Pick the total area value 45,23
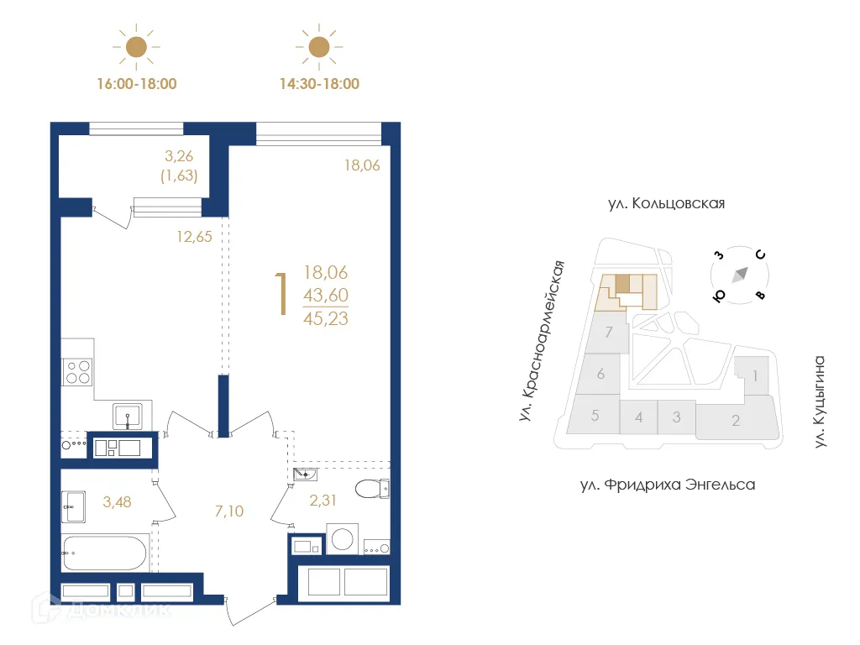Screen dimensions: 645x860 coord(326,318)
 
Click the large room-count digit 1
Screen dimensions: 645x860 coord(284,295)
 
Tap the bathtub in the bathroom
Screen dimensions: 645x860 coord(105,553)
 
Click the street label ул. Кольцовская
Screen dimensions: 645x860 coord(665,204)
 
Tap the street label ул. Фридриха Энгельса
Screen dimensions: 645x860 coord(668,485)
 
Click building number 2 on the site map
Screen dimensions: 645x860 coord(735,421)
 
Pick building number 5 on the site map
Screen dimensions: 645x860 coord(595,415)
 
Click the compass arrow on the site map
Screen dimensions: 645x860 coord(742,274)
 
